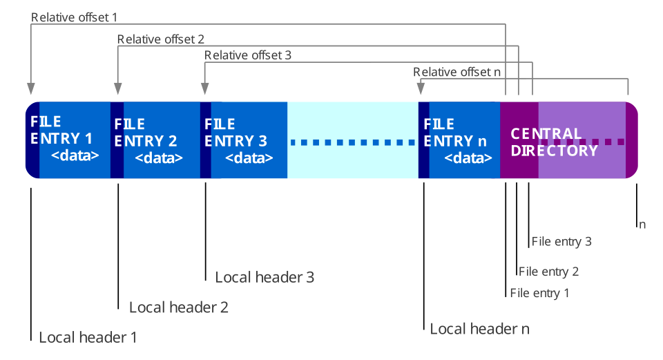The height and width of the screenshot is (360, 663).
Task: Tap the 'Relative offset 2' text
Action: pos(160,39)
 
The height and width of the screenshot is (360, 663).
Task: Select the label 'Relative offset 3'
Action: pos(248,55)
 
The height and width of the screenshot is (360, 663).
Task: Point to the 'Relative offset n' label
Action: pos(457,72)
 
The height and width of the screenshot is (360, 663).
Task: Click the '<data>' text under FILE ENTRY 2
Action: pos(158,158)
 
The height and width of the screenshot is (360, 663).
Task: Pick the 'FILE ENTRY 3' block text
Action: pos(236,133)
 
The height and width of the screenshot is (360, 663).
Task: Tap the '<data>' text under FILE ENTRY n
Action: pos(468,158)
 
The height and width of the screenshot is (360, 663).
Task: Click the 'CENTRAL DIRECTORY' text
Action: pos(553,142)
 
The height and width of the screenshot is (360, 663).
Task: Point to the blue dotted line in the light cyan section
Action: pos(352,143)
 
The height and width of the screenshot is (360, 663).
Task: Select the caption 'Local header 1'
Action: pos(87,337)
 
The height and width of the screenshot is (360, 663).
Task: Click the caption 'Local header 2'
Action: pos(178,307)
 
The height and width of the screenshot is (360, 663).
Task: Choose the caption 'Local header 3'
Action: pos(265,277)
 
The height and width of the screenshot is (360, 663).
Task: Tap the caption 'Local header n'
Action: pos(479,328)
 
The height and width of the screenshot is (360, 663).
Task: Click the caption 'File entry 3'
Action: pos(561,242)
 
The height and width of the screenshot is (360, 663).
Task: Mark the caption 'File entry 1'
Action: pos(539,293)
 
